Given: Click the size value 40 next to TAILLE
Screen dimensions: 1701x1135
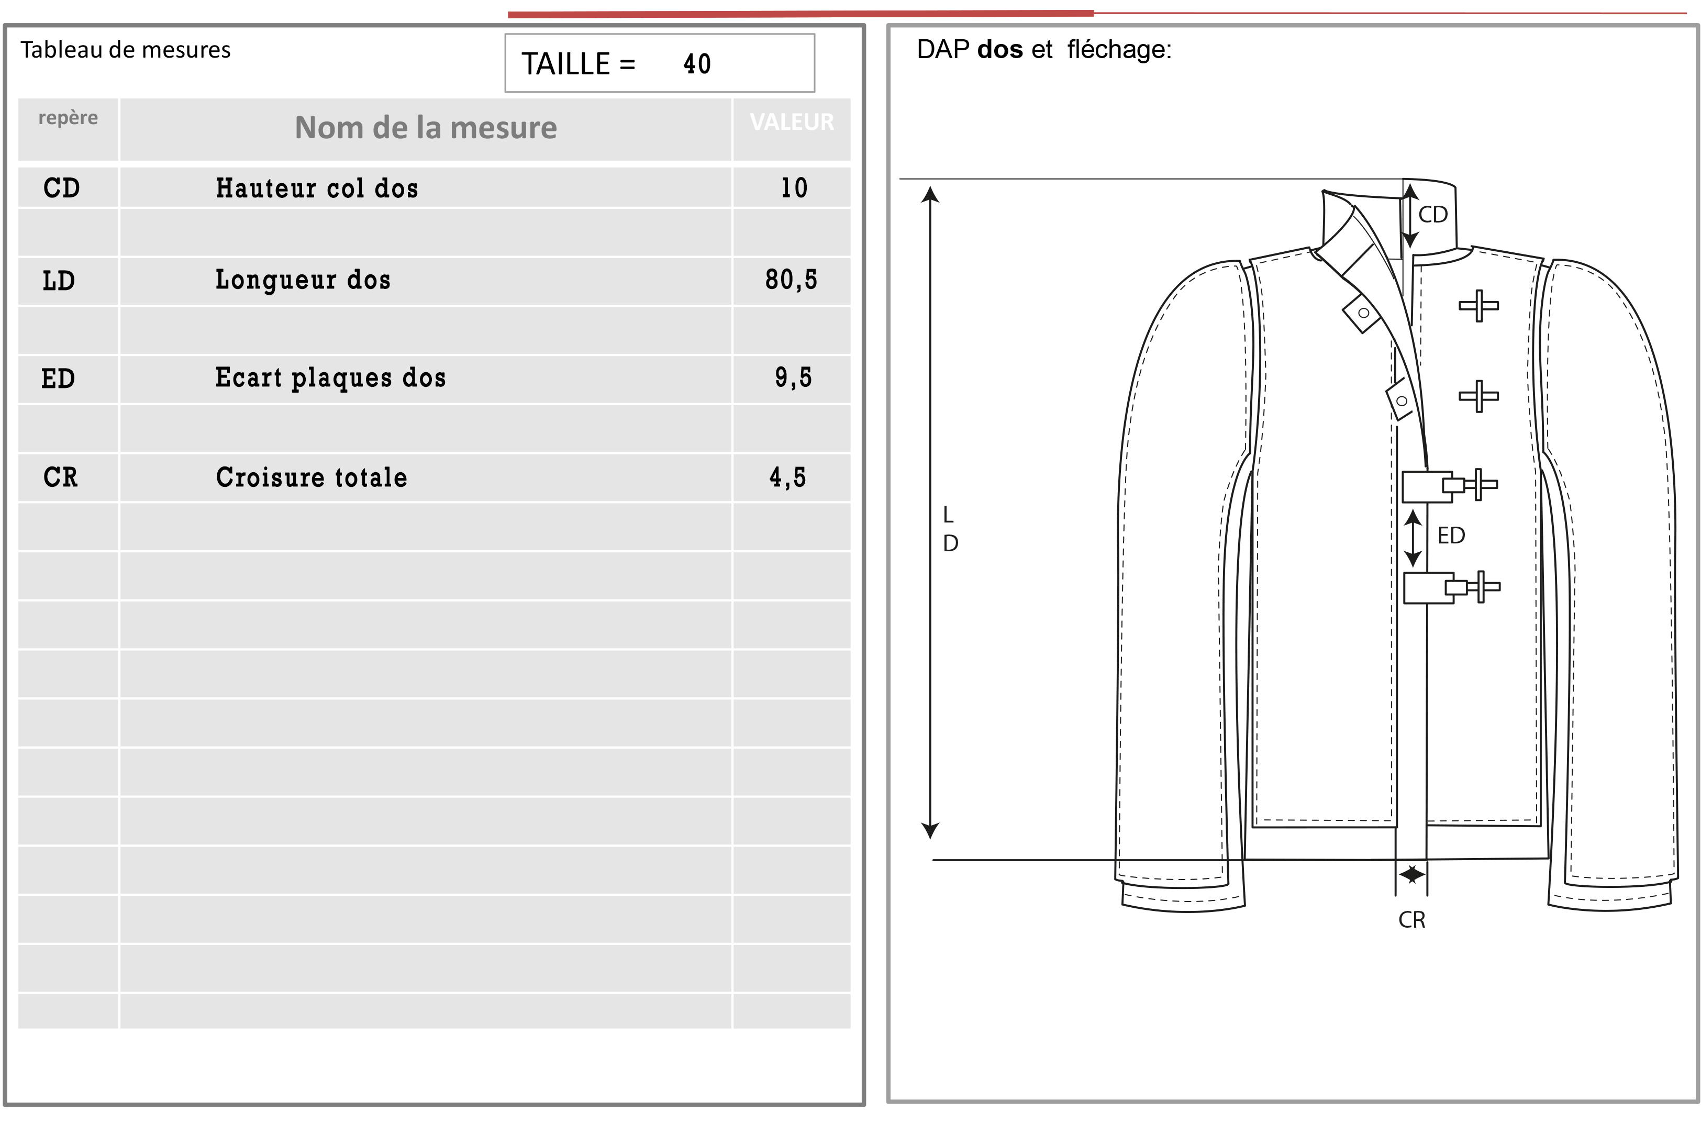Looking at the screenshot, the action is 697,64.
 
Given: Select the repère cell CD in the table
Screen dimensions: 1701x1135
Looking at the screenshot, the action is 62,188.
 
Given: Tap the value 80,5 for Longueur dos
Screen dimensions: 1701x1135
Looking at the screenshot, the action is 791,280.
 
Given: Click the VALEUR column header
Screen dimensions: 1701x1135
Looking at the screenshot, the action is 792,121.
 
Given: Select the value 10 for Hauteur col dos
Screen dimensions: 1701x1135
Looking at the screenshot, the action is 794,188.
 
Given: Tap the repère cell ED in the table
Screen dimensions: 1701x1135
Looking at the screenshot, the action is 58,379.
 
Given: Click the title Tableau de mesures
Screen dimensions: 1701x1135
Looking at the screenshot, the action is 125,50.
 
